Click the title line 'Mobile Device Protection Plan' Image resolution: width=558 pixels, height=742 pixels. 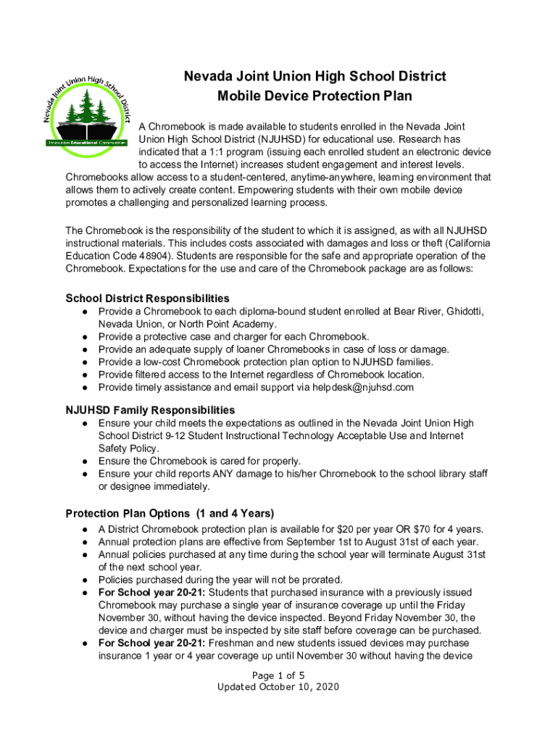click(x=315, y=96)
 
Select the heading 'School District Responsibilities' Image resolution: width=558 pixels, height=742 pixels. click(x=148, y=299)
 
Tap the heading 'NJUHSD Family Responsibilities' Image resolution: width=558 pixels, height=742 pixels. click(x=150, y=410)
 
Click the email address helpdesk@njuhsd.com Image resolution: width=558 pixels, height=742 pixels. click(x=363, y=387)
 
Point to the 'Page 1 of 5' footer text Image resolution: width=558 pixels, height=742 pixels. click(x=278, y=675)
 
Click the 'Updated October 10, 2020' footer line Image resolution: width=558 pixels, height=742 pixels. click(x=278, y=687)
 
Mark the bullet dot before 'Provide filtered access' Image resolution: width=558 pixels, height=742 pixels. click(x=86, y=375)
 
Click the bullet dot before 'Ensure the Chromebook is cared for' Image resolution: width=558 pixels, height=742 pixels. click(x=86, y=461)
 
